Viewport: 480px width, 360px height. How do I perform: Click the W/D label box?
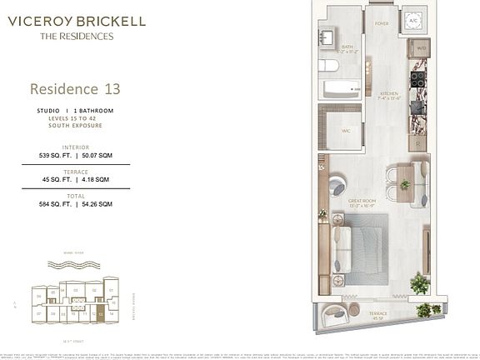tap(421, 48)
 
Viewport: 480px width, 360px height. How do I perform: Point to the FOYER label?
tap(382, 25)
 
